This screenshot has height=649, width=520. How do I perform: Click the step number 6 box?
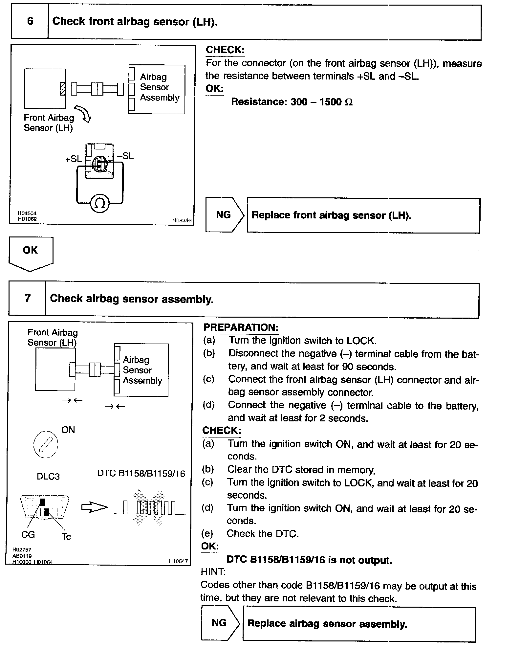coord(30,22)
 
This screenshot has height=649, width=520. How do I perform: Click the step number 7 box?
coord(28,298)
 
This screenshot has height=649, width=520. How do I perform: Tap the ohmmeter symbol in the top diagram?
coord(100,203)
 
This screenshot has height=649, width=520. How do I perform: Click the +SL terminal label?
coord(73,159)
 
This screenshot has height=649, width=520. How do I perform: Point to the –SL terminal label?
coord(125,156)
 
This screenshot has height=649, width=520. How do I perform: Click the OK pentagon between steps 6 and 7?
coord(31,253)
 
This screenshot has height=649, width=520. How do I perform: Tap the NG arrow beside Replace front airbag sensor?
coord(225,215)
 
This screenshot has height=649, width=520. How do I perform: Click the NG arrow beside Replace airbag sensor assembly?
coord(220,623)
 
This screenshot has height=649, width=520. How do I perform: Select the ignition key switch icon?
coord(46,445)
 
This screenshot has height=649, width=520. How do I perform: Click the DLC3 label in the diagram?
coord(48,476)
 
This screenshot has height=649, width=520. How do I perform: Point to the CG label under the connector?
coord(28,535)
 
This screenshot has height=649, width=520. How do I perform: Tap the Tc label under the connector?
coord(66,537)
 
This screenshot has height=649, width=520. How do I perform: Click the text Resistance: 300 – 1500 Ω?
coord(292,102)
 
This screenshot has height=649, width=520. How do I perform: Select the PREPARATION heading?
coord(241,327)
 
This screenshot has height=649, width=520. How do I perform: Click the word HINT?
coord(213,572)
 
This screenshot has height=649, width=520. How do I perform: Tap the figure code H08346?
coord(182,221)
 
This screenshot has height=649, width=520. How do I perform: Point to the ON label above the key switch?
coord(68,430)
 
